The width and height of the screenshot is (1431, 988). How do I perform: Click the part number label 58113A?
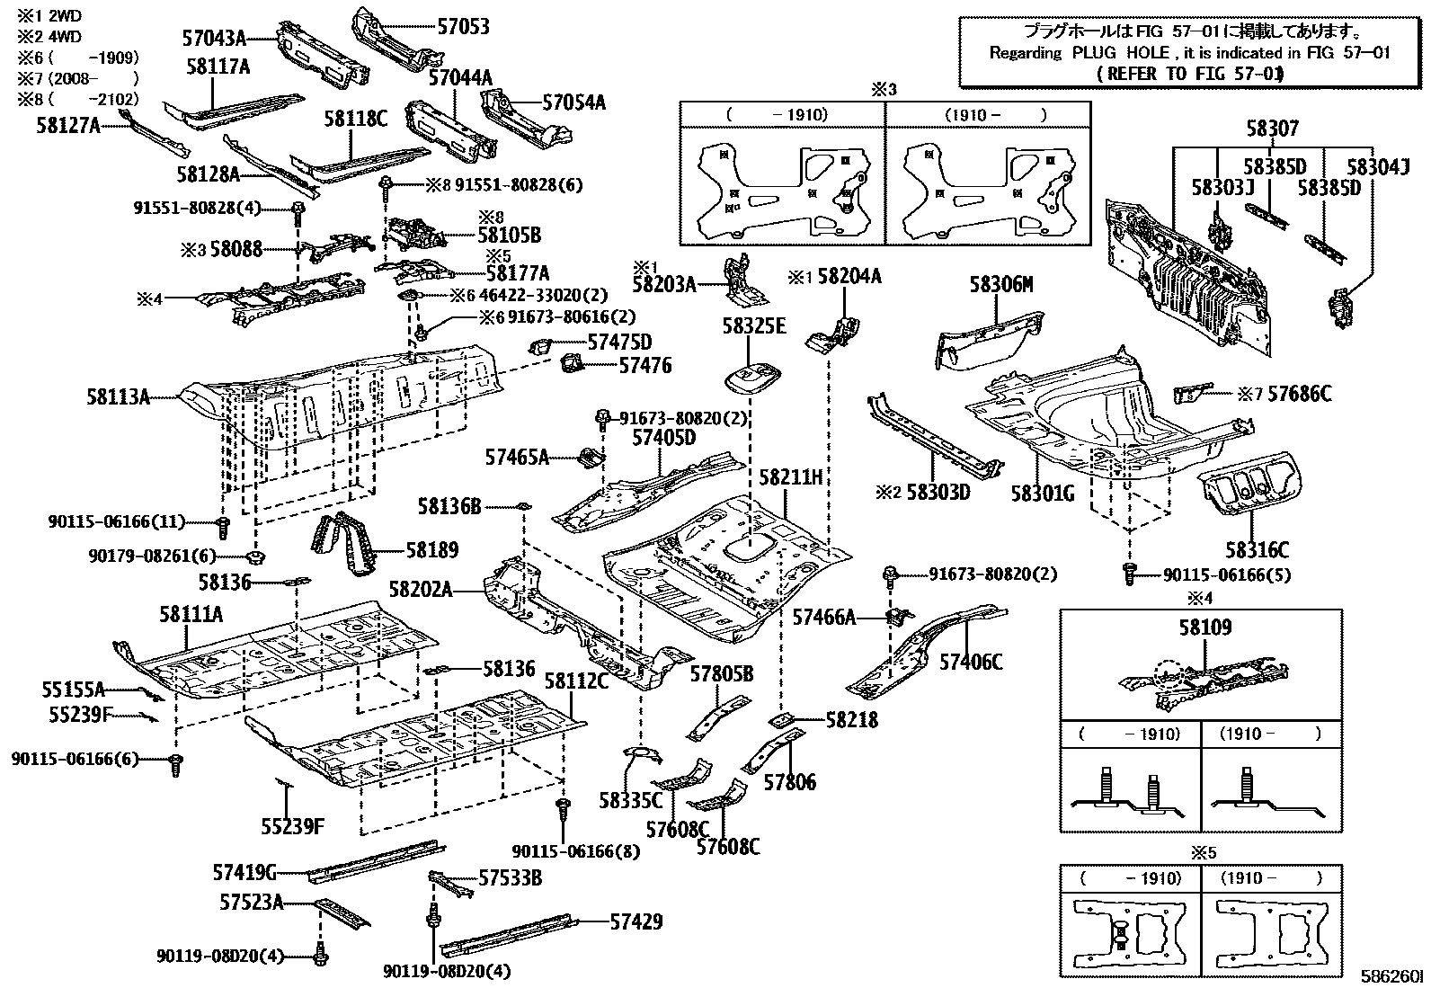coord(118,396)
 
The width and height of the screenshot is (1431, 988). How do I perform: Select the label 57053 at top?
coord(463,27)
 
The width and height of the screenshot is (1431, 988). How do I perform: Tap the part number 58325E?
coord(753,325)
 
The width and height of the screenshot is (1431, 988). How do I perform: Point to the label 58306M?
coord(1000,285)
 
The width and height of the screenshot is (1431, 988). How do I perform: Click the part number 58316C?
coord(1257,549)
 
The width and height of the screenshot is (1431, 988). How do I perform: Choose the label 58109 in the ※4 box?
coord(1205,628)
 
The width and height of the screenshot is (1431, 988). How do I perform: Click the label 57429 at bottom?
coord(636,921)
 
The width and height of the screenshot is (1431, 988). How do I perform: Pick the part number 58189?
coord(431,549)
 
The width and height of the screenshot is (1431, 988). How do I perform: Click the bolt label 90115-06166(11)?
coord(115,521)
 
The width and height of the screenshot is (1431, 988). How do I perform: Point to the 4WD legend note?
coord(49,37)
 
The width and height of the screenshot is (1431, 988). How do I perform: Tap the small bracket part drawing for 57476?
coord(571,365)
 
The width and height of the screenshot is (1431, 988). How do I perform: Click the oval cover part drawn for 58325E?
coord(751,378)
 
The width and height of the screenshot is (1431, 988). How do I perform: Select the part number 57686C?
coord(1299,393)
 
